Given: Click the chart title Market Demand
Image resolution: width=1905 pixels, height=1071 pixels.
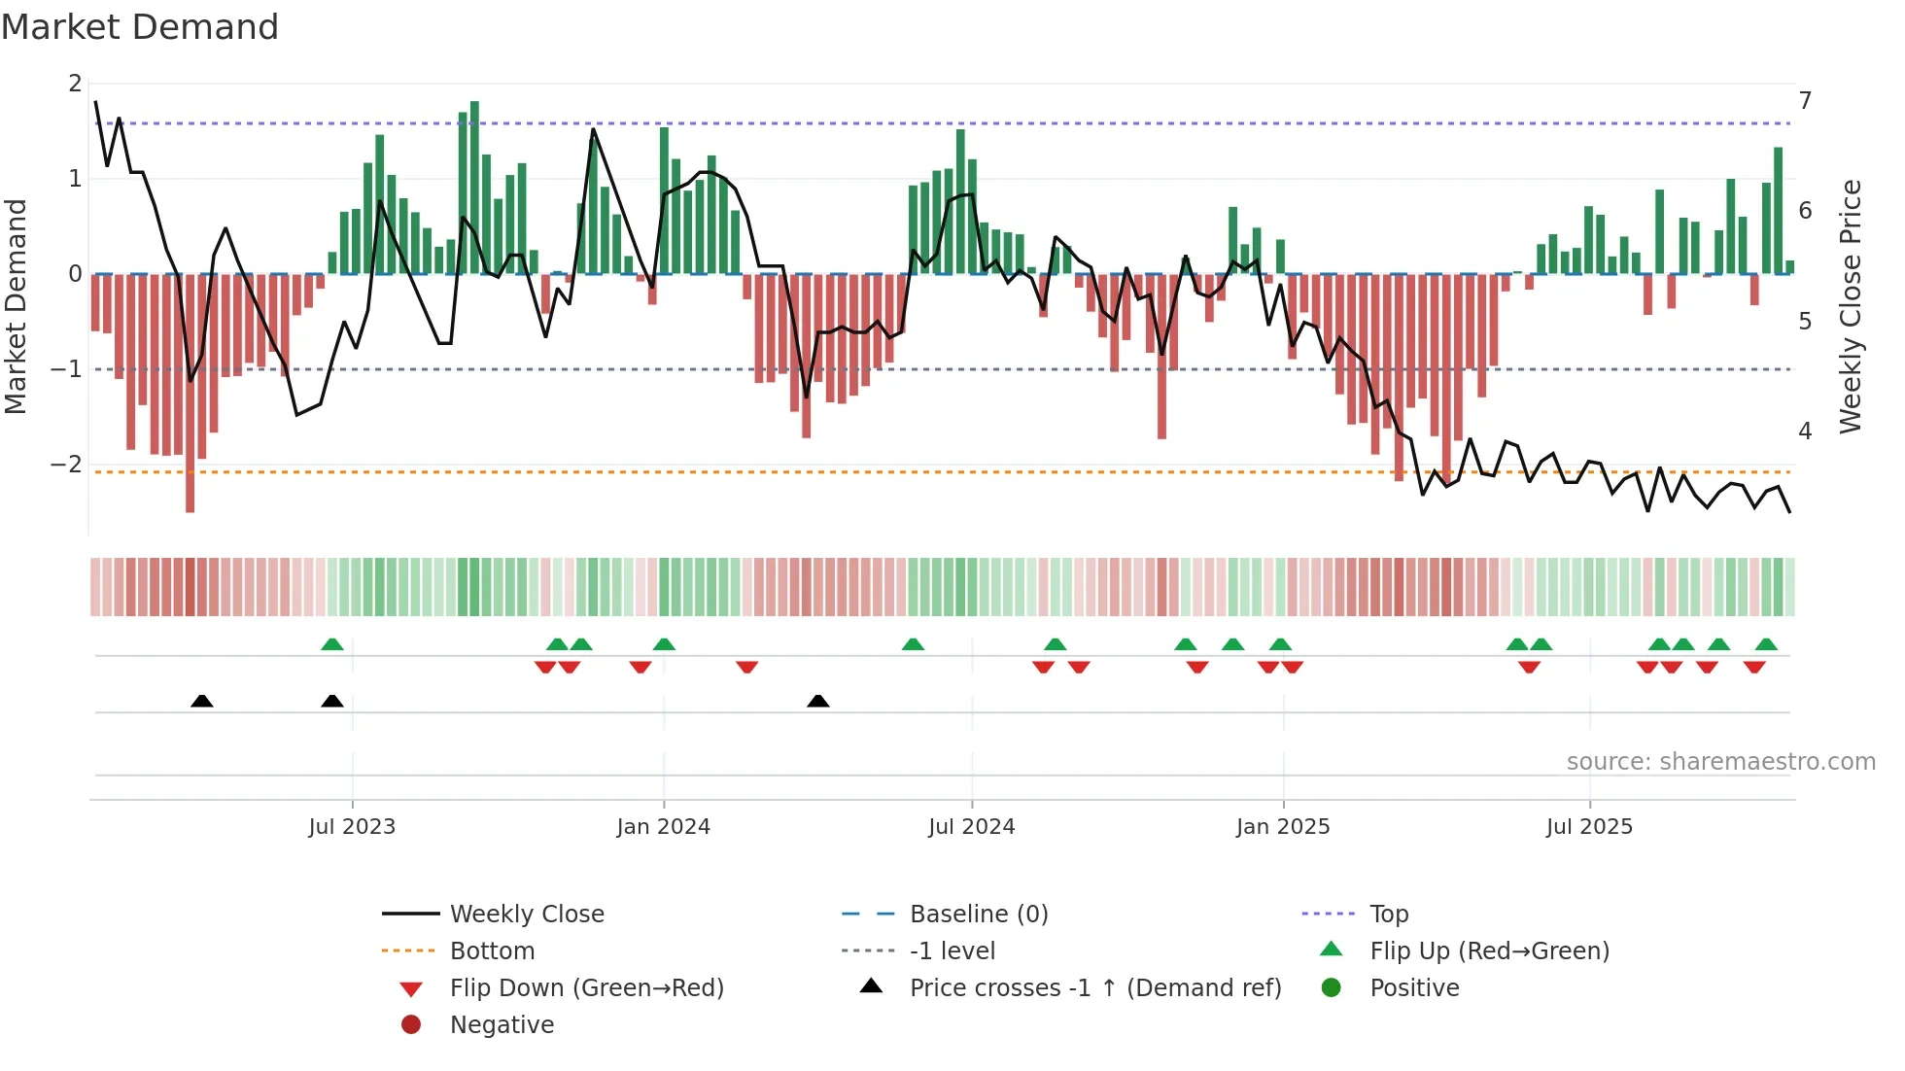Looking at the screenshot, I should coord(140,27).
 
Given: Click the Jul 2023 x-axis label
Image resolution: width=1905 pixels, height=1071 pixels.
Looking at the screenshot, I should coord(352,827).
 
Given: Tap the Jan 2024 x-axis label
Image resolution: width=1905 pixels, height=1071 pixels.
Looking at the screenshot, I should coord(663,827).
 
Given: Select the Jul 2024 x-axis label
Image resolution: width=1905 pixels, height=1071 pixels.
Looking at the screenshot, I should coord(971,827).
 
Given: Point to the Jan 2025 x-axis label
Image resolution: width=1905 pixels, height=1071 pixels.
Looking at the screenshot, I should coord(1282,827).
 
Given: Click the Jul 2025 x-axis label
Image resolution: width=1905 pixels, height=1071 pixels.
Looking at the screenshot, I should coord(1589,827).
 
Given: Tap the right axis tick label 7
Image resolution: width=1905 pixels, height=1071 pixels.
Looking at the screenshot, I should coord(1805,101).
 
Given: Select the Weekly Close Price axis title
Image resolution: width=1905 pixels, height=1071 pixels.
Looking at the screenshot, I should coord(1851,306).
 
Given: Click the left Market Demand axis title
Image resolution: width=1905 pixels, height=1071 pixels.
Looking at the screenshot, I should coord(16,306).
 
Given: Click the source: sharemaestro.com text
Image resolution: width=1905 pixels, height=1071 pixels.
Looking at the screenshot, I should coord(1720,762).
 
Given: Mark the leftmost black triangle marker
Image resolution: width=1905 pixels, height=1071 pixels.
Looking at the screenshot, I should coord(202,702).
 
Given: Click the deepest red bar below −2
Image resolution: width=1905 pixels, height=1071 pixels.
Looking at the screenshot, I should coord(190,491).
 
